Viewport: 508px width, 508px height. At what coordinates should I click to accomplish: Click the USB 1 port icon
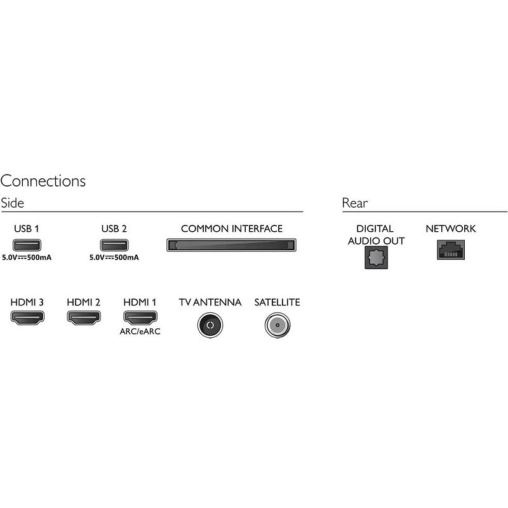point(25,245)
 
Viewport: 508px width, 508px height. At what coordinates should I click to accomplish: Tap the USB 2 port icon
point(114,245)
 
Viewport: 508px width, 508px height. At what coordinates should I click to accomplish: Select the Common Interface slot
point(232,245)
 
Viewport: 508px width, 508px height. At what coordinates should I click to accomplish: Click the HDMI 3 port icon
point(26,319)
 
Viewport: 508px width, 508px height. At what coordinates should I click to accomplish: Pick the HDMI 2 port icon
point(83,319)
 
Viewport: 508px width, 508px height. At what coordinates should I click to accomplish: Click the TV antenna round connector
point(210,324)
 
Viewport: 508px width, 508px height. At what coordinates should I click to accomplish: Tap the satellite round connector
point(277,324)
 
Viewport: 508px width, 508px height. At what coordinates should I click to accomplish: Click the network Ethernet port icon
point(450,249)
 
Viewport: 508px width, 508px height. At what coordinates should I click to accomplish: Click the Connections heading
point(43,181)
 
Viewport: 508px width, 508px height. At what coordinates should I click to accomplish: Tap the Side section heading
point(12,203)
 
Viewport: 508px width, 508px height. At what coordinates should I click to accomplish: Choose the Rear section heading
point(354,203)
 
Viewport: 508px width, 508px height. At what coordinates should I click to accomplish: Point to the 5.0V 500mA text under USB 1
point(25,258)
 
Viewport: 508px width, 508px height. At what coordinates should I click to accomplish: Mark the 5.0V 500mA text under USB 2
point(114,258)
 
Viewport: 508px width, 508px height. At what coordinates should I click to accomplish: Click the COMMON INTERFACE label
point(232,229)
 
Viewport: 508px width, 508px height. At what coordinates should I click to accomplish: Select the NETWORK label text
point(450,229)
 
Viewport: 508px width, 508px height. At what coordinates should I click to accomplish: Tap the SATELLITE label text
point(277,302)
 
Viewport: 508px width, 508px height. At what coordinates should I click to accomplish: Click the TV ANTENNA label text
point(210,302)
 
